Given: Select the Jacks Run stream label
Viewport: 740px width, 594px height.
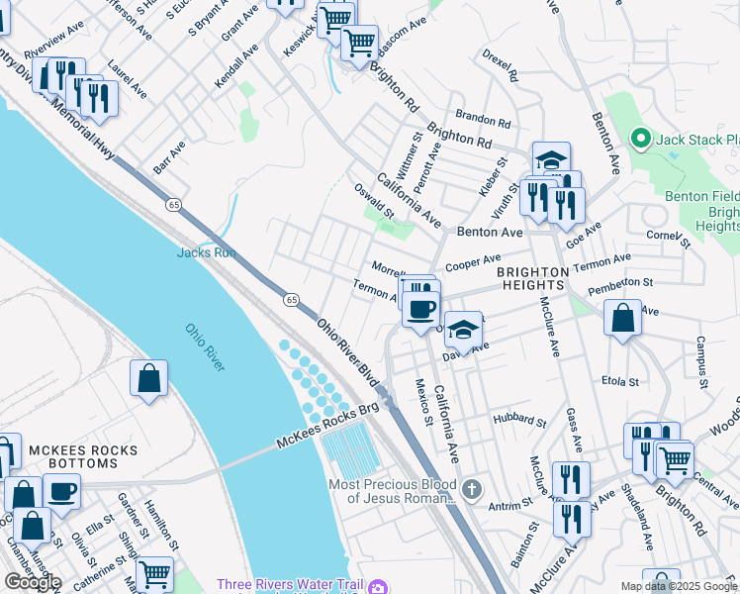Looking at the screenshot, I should tap(205, 252).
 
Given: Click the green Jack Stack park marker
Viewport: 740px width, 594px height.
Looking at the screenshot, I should tap(640, 140).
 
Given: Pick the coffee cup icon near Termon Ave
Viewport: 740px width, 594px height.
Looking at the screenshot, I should tap(419, 308).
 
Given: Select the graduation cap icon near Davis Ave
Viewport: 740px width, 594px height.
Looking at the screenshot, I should tap(462, 329).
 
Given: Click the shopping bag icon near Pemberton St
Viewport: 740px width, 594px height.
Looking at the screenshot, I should tap(622, 319).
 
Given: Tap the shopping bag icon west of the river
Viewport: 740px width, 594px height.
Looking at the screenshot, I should tap(148, 378).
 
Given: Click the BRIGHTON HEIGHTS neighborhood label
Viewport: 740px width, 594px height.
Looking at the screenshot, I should tap(532, 277).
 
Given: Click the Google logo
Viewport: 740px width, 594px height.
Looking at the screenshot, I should tap(33, 582).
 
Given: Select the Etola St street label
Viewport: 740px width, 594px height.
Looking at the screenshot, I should tap(620, 380).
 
